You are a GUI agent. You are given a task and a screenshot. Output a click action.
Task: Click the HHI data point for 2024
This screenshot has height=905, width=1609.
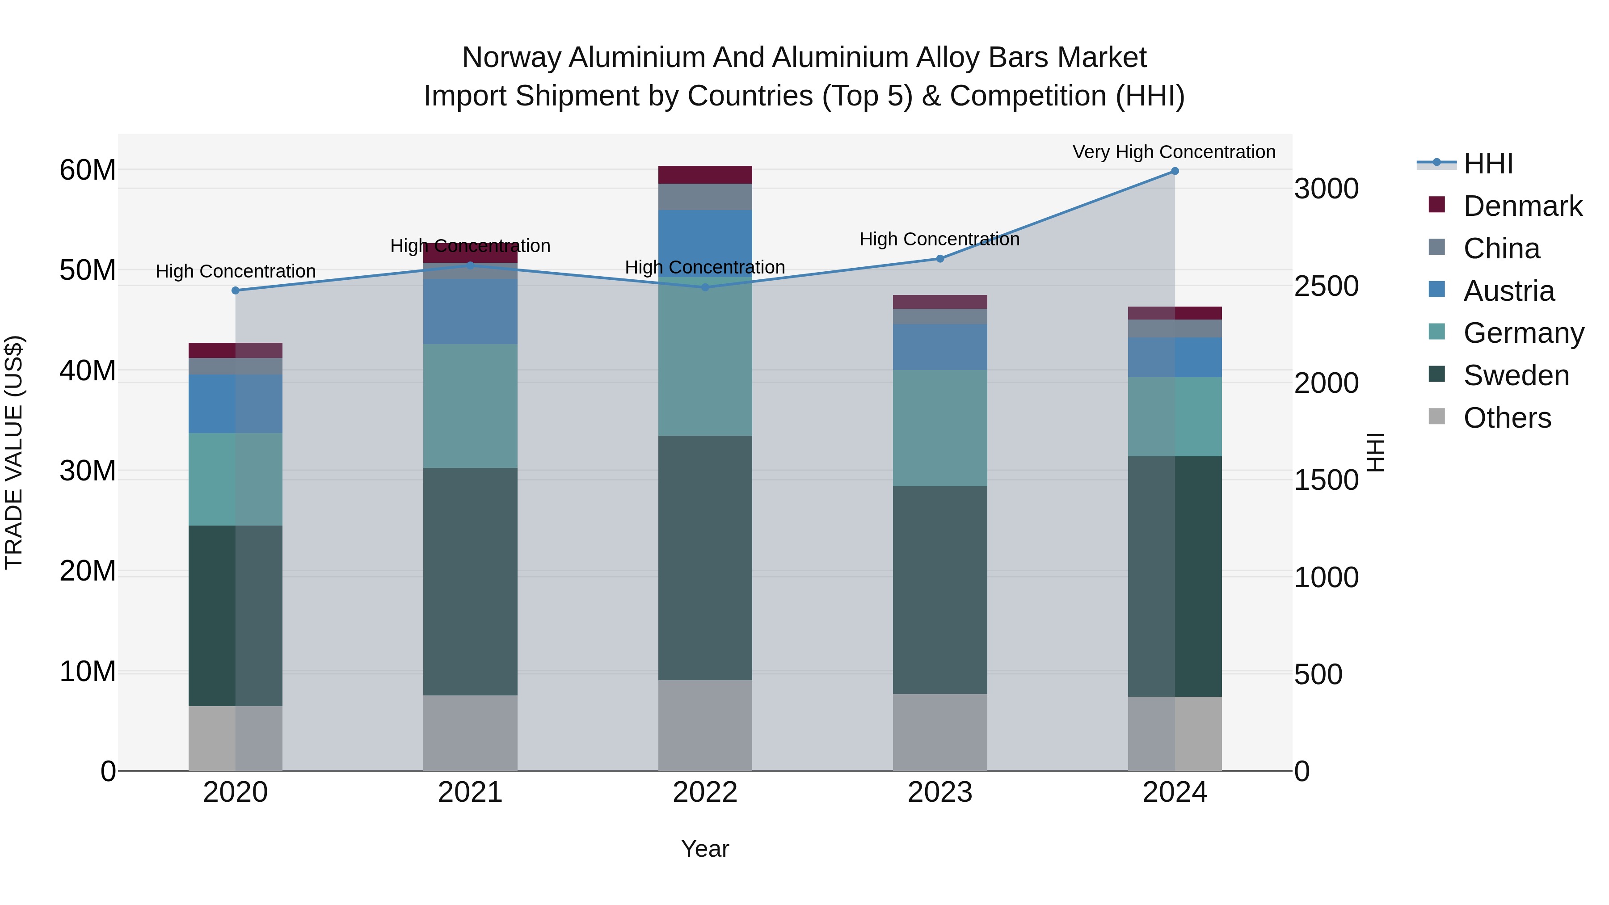[1174, 171]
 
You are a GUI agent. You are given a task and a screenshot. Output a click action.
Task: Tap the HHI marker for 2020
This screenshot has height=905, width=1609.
[236, 290]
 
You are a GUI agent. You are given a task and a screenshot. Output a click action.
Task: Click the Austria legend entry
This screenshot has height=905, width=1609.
[1508, 291]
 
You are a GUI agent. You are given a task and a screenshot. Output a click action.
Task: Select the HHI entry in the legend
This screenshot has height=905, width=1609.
[1488, 164]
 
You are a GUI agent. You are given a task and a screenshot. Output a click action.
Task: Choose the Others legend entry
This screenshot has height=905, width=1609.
[1507, 418]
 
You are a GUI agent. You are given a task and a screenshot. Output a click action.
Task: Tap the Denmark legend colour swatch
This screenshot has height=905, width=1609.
[1436, 205]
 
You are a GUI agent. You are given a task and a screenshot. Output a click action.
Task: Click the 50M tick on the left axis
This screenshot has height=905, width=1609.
[88, 270]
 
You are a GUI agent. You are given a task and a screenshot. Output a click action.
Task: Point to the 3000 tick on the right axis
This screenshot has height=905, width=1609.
[1326, 189]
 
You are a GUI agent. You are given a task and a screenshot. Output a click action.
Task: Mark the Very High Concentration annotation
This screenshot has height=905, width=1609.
[1174, 152]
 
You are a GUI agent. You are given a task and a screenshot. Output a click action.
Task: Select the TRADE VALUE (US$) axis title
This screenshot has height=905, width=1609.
[14, 452]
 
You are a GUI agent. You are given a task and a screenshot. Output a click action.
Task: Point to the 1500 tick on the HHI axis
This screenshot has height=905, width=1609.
[1326, 480]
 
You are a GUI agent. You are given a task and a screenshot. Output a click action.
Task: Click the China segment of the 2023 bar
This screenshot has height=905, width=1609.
[939, 317]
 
